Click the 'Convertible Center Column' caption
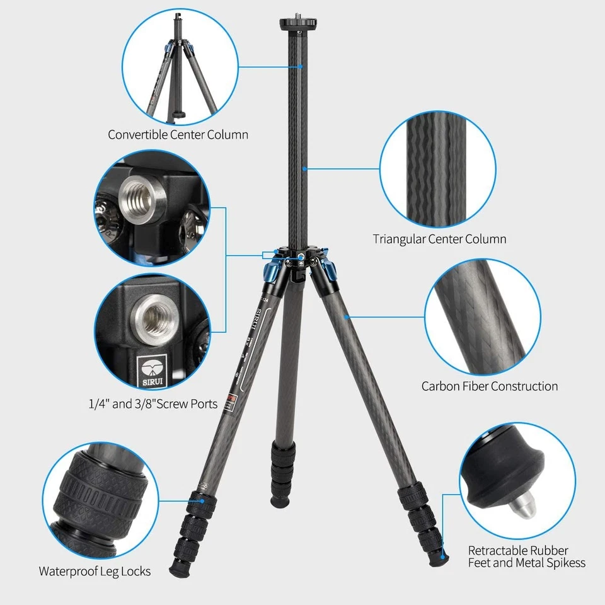[178, 134]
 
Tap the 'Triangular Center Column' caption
[439, 239]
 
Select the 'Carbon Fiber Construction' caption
[490, 386]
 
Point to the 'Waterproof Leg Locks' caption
[95, 572]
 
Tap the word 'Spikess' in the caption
[562, 563]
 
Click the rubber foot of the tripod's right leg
[443, 555]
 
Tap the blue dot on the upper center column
[301, 66]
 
